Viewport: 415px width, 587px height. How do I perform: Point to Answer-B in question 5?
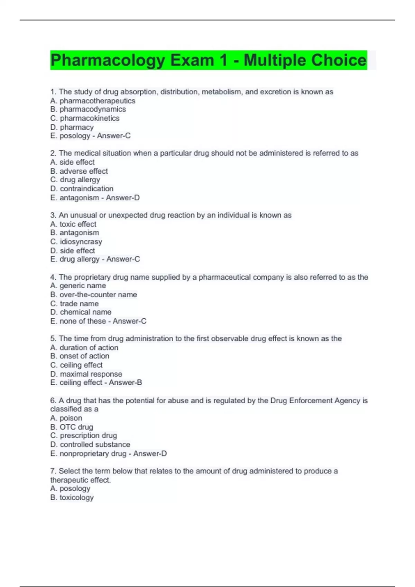(125, 383)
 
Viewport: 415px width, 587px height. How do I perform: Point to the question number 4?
(53, 277)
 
